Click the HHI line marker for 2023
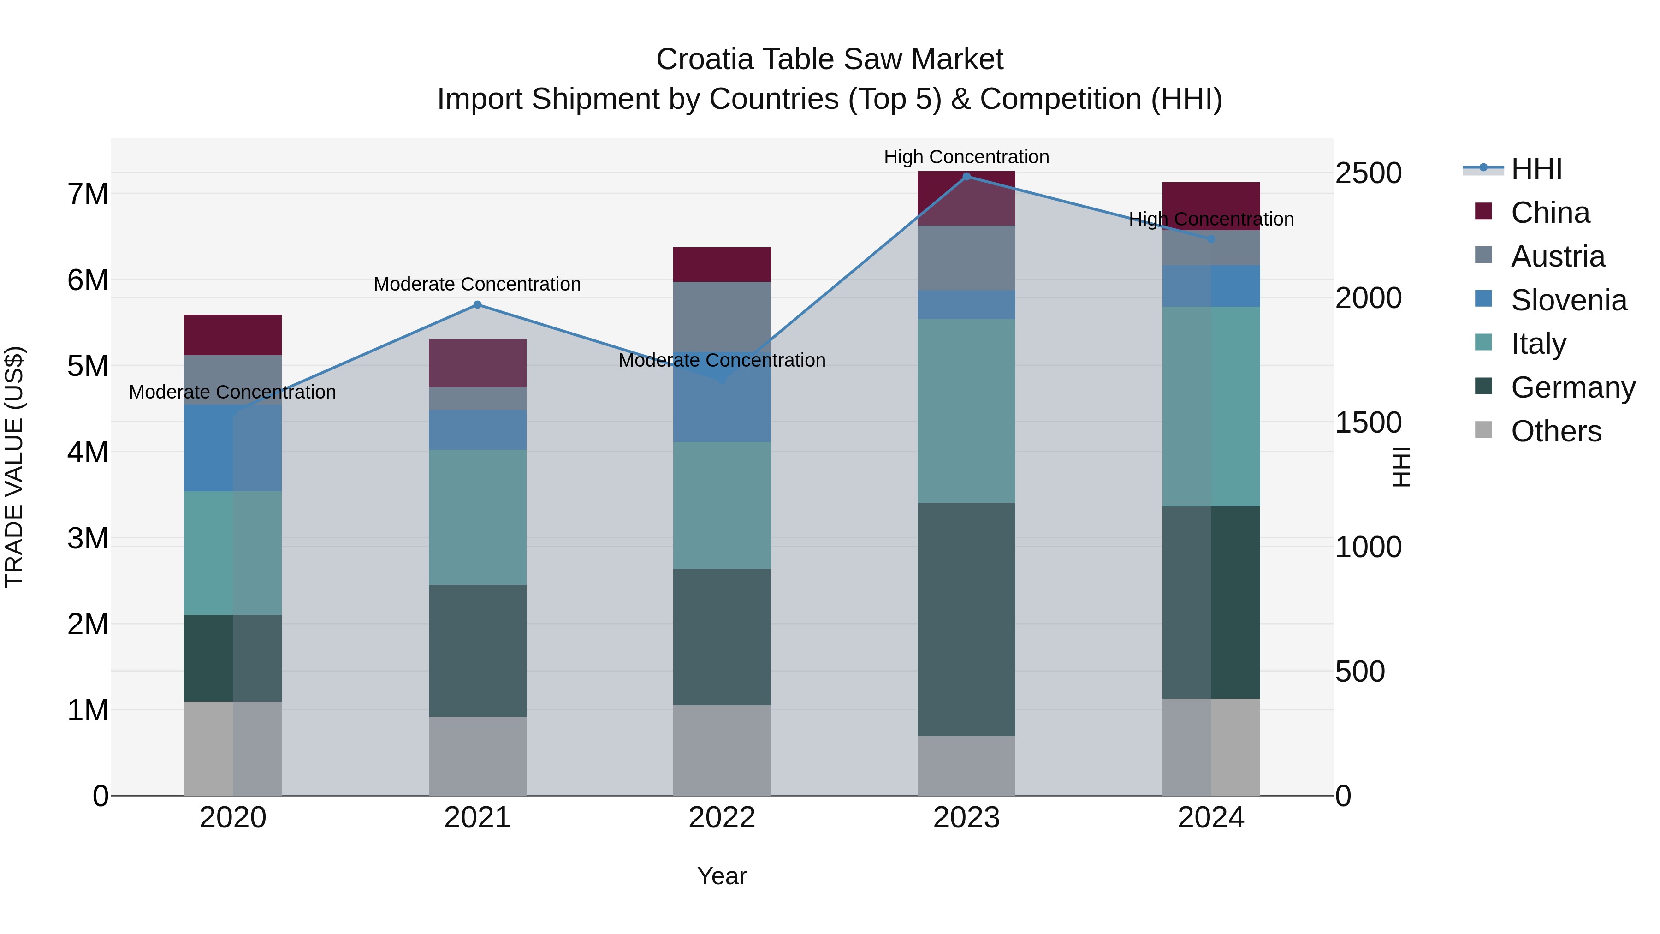click(x=966, y=176)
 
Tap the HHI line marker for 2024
click(x=1211, y=239)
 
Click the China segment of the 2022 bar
click(x=722, y=264)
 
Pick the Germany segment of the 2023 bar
click(x=966, y=619)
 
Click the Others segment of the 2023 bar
click(x=966, y=765)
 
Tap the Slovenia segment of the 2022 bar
click(x=722, y=412)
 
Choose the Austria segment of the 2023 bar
click(x=966, y=257)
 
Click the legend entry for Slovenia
click(x=1568, y=300)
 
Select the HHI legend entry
click(x=1535, y=169)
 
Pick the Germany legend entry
click(x=1572, y=387)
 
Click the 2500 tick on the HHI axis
click(x=1368, y=173)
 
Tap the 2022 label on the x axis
click(x=722, y=818)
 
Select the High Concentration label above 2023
click(x=966, y=157)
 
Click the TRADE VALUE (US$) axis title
click(x=14, y=467)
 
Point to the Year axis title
click(x=722, y=876)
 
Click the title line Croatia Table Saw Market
click(x=830, y=59)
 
